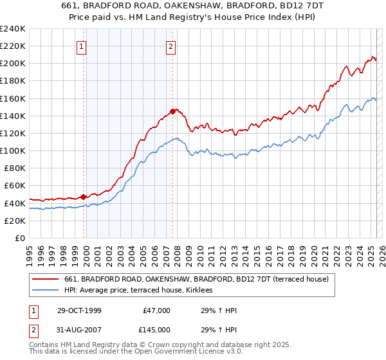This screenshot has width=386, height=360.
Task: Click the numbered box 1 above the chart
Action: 83,46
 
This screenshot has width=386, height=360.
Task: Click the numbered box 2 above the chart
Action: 171,46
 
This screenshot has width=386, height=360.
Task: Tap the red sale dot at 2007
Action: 172,111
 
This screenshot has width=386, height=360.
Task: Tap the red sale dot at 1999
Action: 84,197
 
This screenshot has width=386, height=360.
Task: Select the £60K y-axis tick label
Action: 14,186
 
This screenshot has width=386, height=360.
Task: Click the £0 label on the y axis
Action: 19,238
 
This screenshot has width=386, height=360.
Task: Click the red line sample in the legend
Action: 45,279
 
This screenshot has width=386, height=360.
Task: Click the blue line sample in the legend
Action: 45,291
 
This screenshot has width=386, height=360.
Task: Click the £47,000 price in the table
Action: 155,310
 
